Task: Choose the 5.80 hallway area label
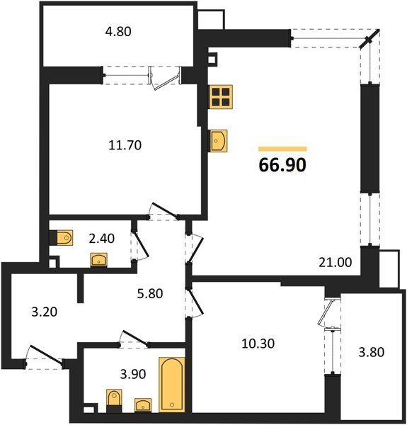[x=150, y=293]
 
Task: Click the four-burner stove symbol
[x=221, y=96]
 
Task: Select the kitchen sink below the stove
[x=219, y=140]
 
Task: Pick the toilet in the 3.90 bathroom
[x=113, y=402]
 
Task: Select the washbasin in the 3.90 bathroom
[x=144, y=405]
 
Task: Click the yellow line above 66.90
[x=282, y=149]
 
